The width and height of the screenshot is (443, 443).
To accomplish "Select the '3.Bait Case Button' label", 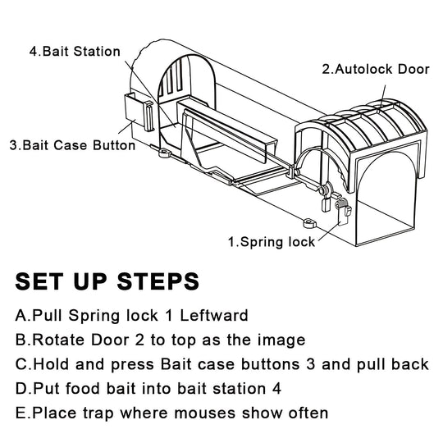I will (72, 146).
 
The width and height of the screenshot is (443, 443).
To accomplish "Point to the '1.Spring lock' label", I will (271, 242).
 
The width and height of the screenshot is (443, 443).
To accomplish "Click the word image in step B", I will (258, 340).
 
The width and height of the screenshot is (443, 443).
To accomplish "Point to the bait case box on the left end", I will (138, 113).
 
